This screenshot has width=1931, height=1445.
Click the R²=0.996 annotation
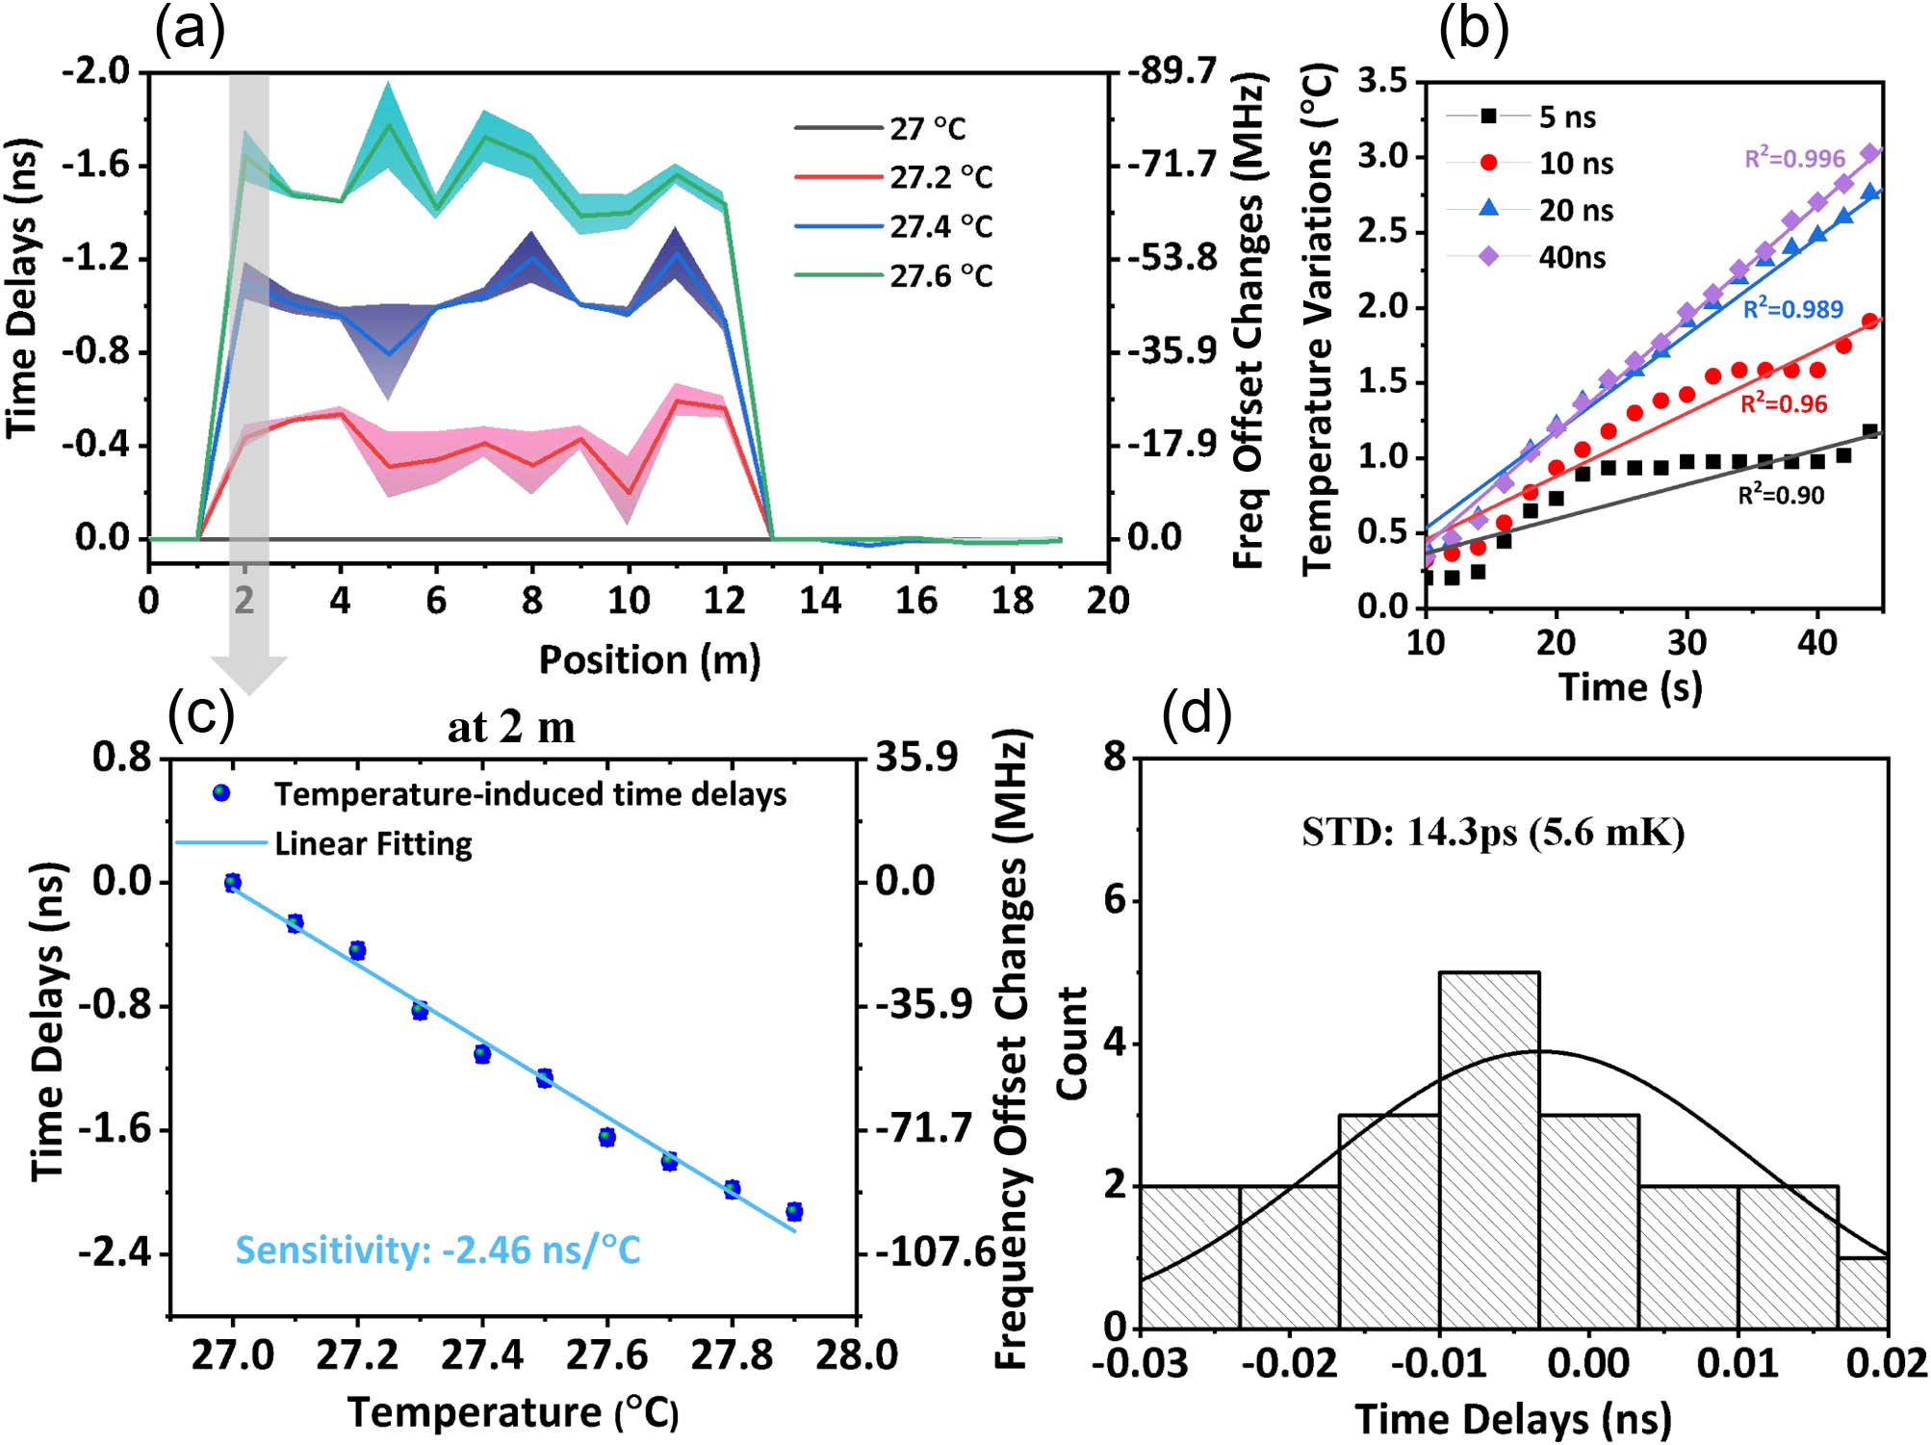1794,158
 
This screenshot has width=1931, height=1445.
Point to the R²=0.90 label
1780,495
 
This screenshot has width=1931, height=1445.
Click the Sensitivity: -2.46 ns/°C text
438,1250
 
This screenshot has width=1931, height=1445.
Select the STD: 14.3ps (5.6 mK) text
1492,832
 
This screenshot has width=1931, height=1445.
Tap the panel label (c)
200,714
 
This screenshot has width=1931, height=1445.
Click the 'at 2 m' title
511,728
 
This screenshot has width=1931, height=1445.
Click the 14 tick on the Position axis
819,601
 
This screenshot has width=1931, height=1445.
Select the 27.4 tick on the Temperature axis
481,1355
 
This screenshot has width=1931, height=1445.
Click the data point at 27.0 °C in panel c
232,882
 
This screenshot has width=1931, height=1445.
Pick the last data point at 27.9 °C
793,1211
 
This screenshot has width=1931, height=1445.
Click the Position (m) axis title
649,660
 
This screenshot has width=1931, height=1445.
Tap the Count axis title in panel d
1071,1043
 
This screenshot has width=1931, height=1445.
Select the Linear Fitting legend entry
373,844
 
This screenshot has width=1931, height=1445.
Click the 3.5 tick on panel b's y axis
1381,81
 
